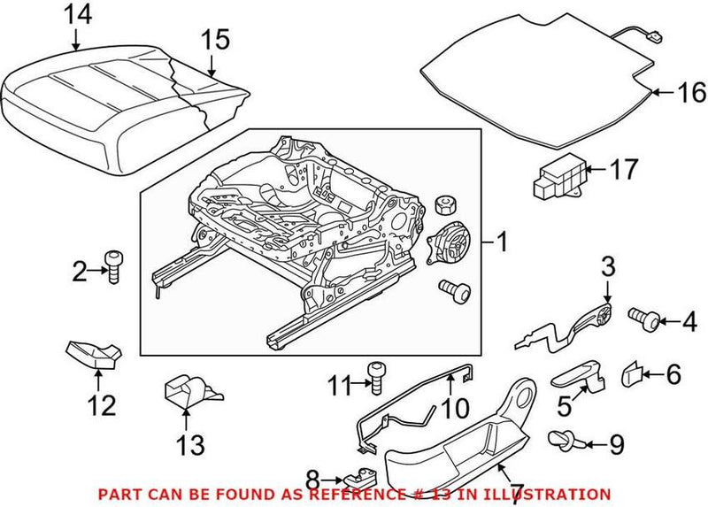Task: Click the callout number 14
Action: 76,14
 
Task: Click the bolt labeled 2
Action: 113,264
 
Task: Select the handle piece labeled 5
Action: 574,377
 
